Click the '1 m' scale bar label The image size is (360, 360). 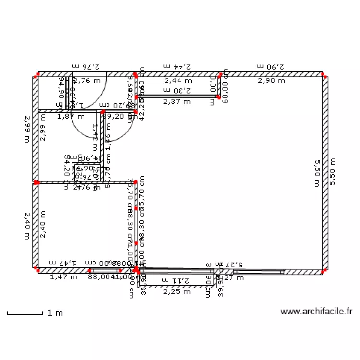click(55, 313)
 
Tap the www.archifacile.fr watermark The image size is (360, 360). click(316, 312)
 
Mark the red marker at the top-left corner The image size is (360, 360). click(36, 75)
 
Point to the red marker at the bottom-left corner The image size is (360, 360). click(36, 271)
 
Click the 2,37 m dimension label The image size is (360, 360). click(177, 102)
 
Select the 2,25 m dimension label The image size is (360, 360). click(177, 291)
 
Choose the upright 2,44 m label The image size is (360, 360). click(177, 81)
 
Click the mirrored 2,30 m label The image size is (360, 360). click(177, 90)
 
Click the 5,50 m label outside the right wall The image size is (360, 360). click(332, 172)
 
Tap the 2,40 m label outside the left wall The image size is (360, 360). click(27, 226)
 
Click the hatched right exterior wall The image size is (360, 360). click(325, 173)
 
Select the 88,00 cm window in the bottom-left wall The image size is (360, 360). click(101, 271)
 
